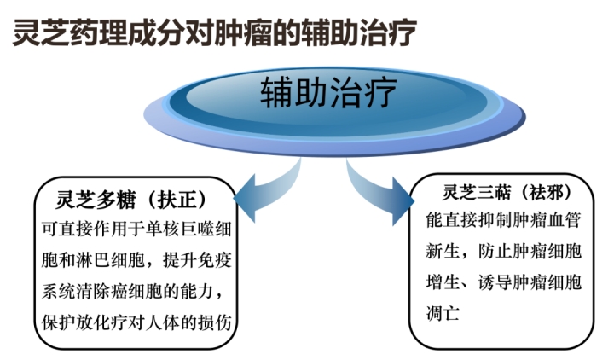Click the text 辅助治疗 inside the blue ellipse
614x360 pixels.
tap(328, 92)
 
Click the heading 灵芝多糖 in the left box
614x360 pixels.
tap(96, 200)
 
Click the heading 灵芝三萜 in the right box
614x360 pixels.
tap(477, 192)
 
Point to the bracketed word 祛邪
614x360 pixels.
tap(547, 192)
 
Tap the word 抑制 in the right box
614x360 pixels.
tap(495, 220)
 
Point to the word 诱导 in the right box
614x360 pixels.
tap(495, 282)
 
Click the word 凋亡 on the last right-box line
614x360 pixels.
tap(443, 313)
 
